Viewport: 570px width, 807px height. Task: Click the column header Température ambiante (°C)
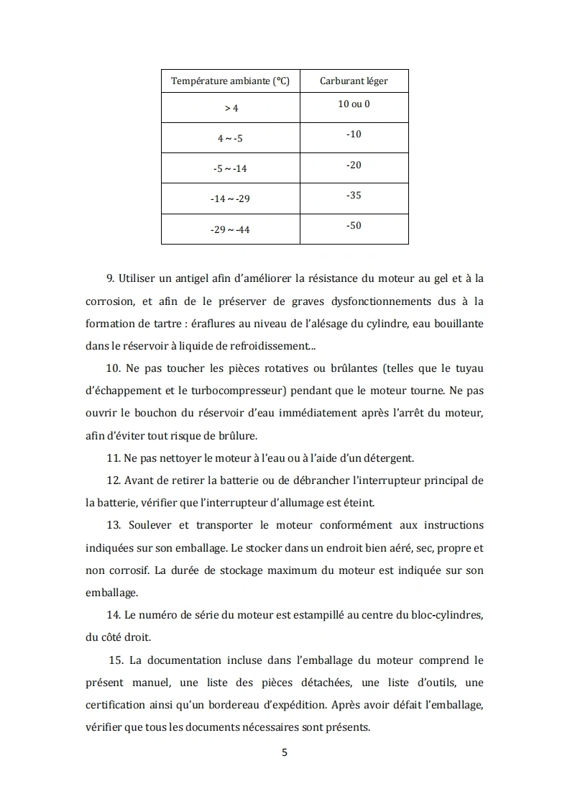[230, 81]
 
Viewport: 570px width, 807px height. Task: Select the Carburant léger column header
[354, 81]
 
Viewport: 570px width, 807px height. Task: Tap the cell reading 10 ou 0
[354, 104]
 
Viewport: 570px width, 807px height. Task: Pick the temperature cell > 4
[230, 108]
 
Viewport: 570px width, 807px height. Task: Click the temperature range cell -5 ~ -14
[230, 168]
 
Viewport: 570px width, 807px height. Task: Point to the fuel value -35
[354, 195]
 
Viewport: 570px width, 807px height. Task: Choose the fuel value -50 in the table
[354, 225]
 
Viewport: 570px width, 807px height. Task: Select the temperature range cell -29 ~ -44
[230, 229]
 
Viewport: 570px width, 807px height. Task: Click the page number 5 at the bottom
[285, 752]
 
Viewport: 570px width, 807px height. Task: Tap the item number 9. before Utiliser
[111, 278]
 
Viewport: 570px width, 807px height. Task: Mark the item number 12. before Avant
[114, 480]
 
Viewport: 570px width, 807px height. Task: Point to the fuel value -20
[354, 165]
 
